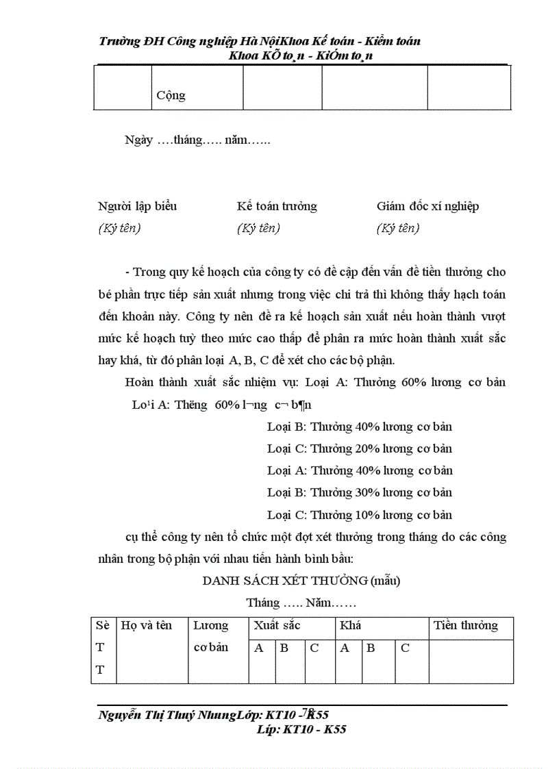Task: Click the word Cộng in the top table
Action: tap(171, 95)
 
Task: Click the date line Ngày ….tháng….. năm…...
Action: tap(197, 140)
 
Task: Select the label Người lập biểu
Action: tap(138, 206)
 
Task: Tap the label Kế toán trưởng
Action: tap(277, 206)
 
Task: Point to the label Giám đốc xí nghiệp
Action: tap(427, 206)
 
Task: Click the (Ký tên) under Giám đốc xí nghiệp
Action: tap(398, 228)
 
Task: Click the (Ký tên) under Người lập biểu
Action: tap(120, 228)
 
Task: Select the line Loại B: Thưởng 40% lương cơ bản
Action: tap(360, 427)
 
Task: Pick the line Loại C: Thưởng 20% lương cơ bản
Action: tap(360, 449)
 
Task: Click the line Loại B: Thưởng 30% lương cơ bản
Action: tap(360, 492)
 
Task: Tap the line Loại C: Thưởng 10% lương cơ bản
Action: tap(360, 514)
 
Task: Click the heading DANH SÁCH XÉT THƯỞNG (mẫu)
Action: tap(301, 581)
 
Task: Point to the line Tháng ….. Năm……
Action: tap(301, 603)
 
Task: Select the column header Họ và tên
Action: tap(146, 625)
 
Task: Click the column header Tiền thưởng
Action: tap(465, 625)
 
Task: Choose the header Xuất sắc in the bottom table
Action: tap(277, 625)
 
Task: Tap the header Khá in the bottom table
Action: tap(350, 625)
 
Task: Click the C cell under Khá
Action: tap(405, 648)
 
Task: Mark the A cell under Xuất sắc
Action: tap(259, 648)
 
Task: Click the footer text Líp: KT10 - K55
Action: tap(300, 729)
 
